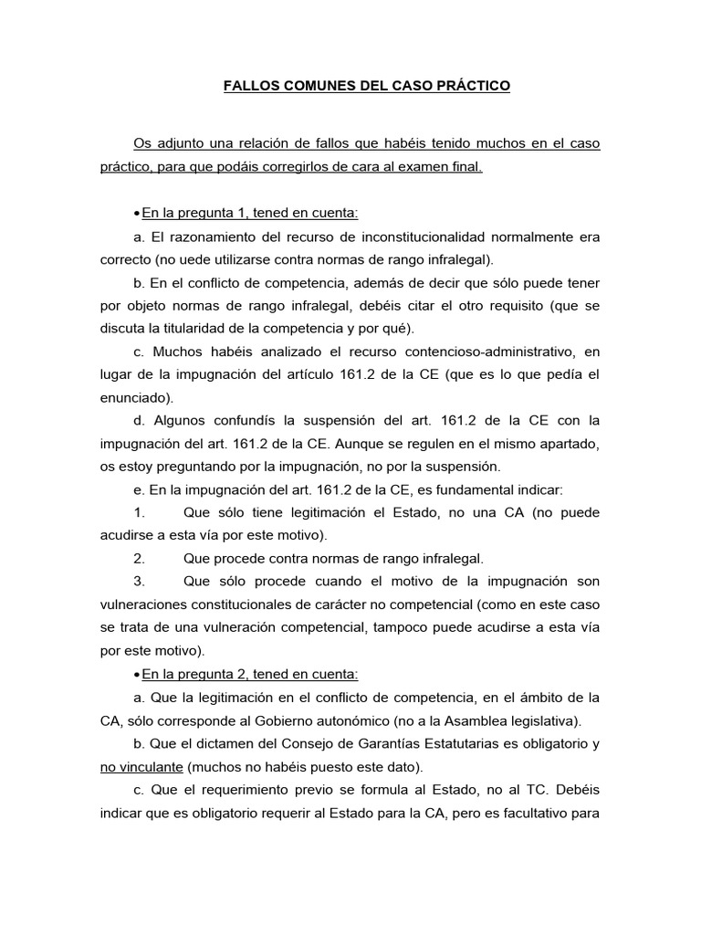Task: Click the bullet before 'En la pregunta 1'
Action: pyautogui.click(x=136, y=214)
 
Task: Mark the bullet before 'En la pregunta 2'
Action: pyautogui.click(x=136, y=674)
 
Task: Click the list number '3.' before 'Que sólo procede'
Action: pyautogui.click(x=140, y=582)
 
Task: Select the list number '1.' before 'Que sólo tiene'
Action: pyautogui.click(x=140, y=513)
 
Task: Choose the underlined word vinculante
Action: pyautogui.click(x=143, y=766)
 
